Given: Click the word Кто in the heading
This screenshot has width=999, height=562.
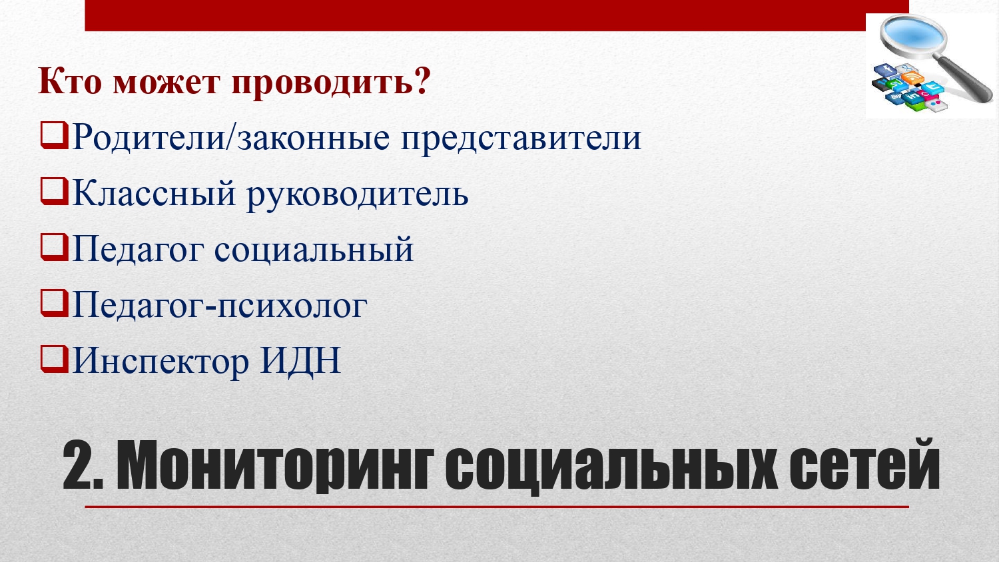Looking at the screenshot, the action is (70, 81).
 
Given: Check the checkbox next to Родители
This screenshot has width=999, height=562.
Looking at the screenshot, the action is (54, 135).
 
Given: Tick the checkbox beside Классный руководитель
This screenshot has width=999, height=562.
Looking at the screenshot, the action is (54, 191).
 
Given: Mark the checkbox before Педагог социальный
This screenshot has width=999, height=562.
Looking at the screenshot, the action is (54, 247).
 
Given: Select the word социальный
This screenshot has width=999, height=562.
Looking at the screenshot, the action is (314, 250).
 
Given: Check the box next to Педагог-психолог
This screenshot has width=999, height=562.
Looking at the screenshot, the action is (54, 303).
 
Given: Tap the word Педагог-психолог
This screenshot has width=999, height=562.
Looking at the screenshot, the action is (220, 306).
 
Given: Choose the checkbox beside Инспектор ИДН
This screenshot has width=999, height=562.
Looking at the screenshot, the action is (54, 359).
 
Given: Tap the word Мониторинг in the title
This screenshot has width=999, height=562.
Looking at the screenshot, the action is (274, 467).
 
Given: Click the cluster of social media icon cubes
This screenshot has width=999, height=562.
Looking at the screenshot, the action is (908, 88).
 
